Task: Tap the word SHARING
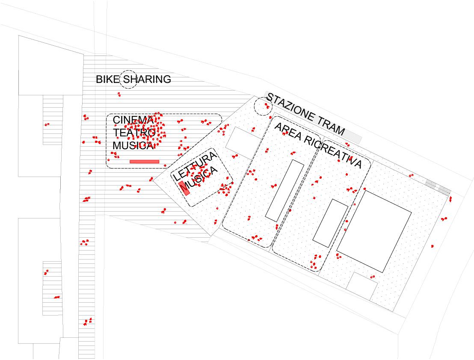tap(147, 80)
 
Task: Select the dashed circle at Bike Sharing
tap(128, 80)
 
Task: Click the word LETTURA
tap(195, 167)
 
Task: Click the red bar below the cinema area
tap(144, 162)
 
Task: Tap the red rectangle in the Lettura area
tap(184, 188)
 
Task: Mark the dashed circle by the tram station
tap(262, 106)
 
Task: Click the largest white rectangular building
tap(374, 231)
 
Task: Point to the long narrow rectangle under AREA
tap(284, 190)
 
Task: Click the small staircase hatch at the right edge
tap(438, 187)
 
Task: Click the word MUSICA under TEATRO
tap(133, 145)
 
